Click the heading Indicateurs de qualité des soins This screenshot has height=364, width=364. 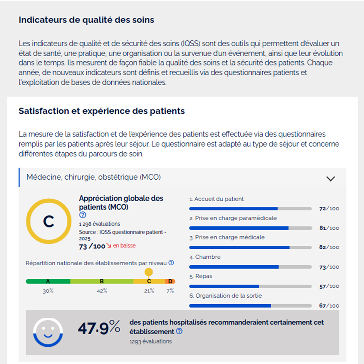86,20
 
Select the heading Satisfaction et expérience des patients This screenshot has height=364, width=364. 102,111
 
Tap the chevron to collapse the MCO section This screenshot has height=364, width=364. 330,179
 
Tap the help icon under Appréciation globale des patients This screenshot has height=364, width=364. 82,215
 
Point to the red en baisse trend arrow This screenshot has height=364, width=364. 109,246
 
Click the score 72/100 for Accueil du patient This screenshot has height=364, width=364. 329,209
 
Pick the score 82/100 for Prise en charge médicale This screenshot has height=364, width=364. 329,247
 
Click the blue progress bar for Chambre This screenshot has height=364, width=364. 234,267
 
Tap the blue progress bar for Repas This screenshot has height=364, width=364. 224,286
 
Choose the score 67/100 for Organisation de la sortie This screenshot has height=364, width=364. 329,306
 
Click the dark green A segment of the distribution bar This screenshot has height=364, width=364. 48,281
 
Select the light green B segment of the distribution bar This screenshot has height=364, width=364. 102,281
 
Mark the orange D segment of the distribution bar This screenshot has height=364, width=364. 170,281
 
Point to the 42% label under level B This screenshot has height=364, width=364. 102,291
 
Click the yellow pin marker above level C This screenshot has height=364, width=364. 149,272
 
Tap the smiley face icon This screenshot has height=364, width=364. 48,332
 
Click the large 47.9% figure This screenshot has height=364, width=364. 99,328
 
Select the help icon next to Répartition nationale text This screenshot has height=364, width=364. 171,263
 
